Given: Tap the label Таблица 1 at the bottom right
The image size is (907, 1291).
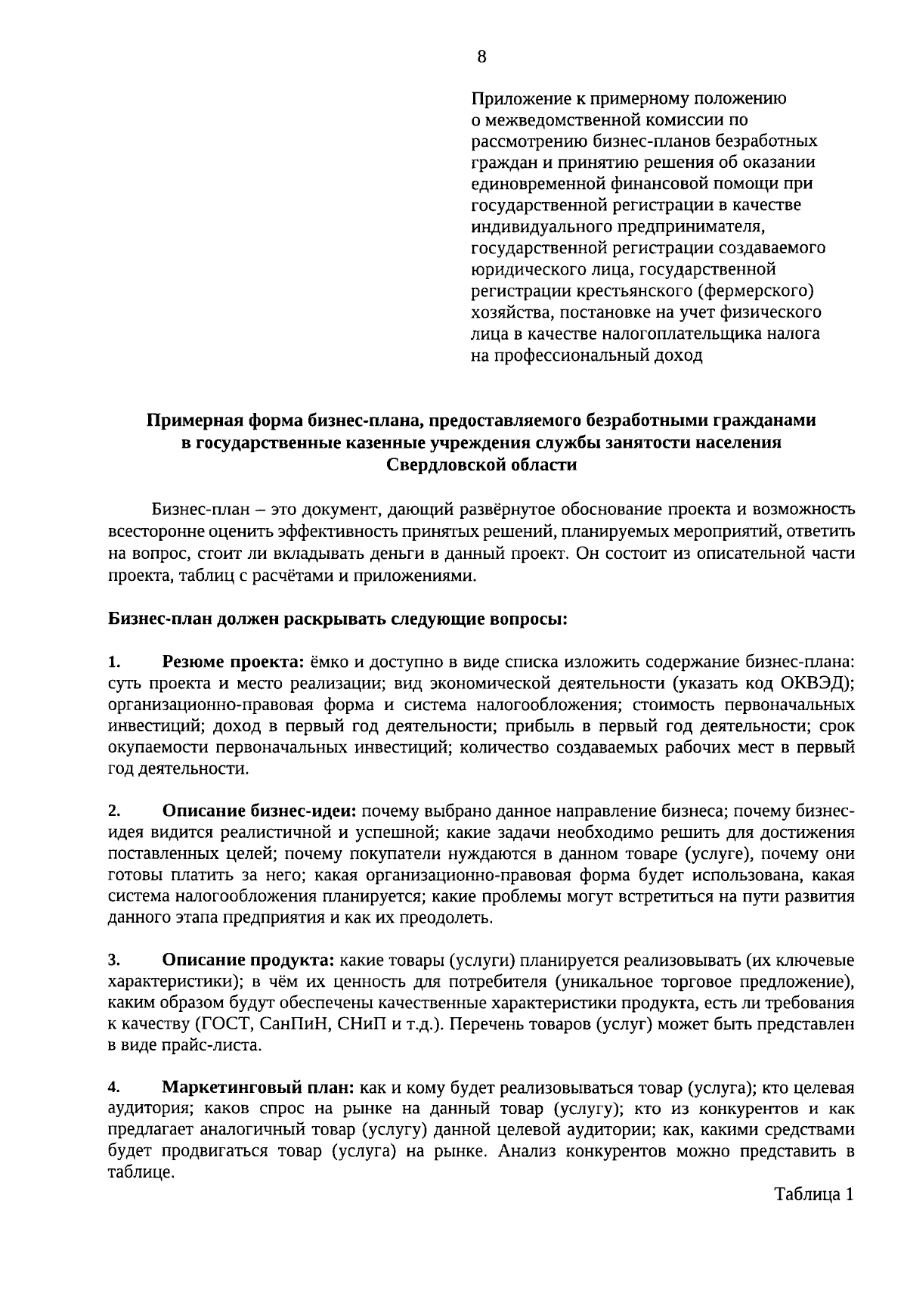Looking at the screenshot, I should [813, 1195].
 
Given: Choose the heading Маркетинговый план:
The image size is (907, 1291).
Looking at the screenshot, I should [258, 1088].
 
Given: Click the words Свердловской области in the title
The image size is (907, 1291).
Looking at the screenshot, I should [481, 464].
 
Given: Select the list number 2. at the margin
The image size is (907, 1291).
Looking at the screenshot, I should [114, 812].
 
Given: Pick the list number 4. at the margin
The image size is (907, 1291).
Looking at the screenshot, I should [114, 1088].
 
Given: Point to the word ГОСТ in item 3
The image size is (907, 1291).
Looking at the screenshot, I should [221, 1025].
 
